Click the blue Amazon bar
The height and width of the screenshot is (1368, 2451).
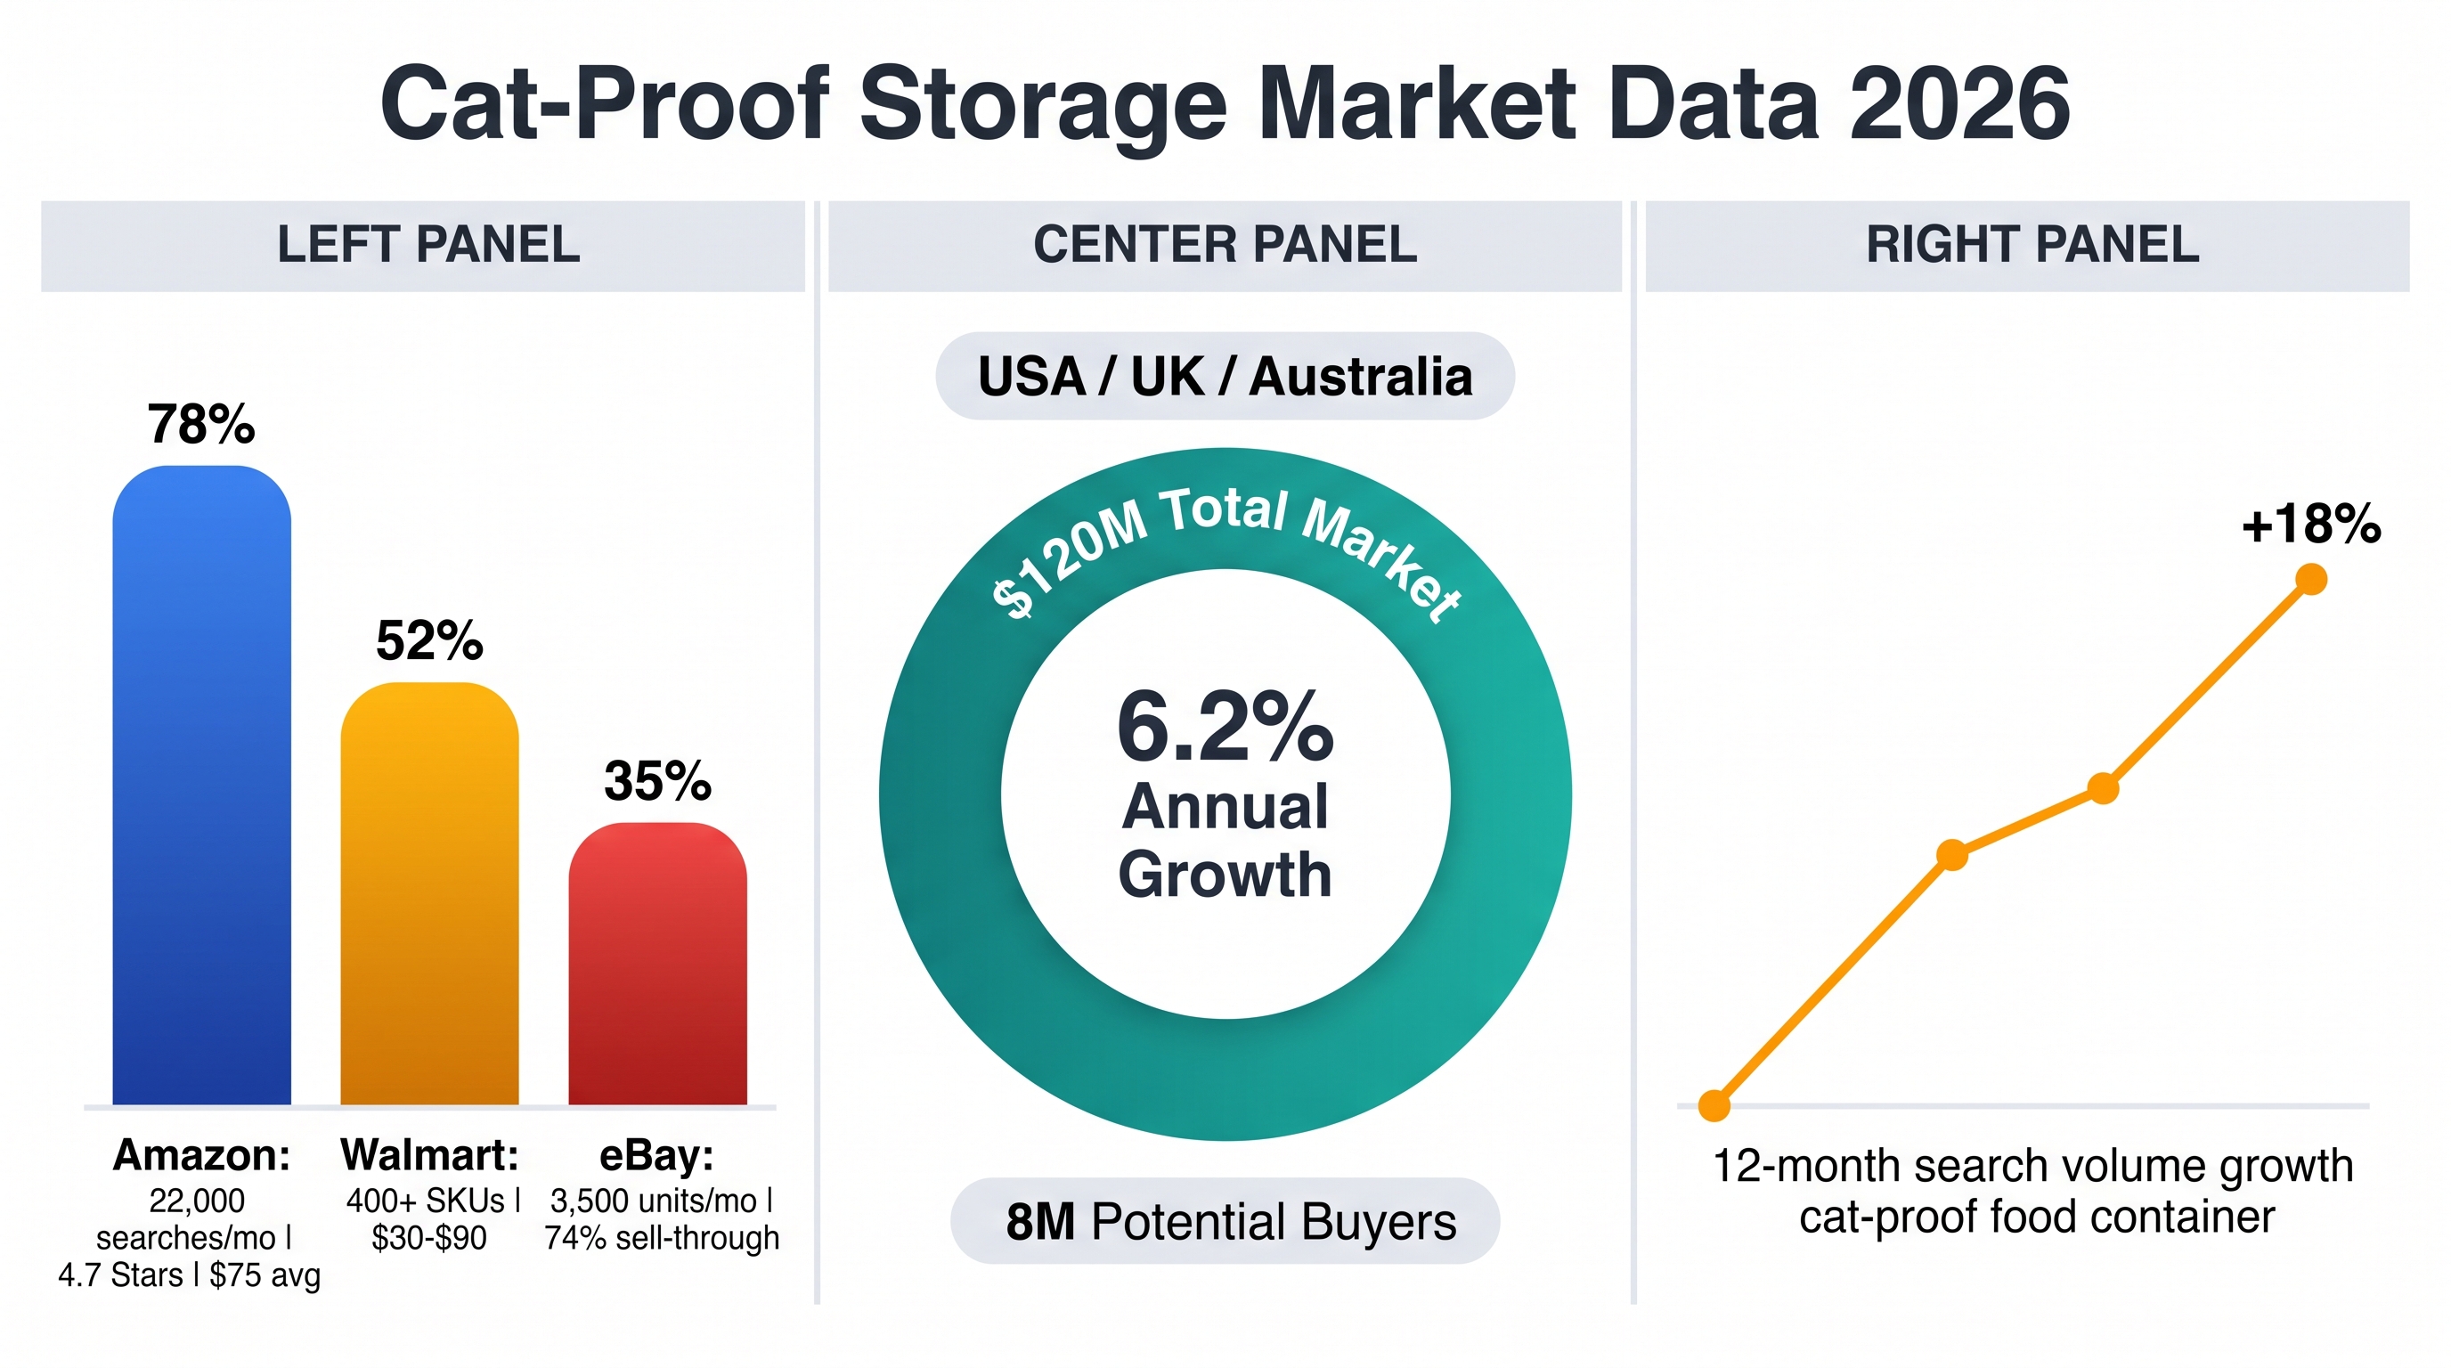tap(201, 785)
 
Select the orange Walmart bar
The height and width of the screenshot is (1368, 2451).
tap(429, 893)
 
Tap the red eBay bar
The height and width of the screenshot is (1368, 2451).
tap(657, 964)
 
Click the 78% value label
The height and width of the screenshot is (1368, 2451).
tap(201, 423)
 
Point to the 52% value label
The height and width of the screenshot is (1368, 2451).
tap(429, 640)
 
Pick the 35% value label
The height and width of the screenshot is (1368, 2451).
tap(657, 781)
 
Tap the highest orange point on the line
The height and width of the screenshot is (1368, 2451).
tap(2311, 578)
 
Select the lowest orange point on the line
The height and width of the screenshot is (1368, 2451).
tap(1714, 1105)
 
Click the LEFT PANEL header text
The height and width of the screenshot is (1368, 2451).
tap(428, 245)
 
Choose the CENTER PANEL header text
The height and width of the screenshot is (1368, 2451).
tap(1225, 245)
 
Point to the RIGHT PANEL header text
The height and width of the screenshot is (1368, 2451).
tap(2032, 245)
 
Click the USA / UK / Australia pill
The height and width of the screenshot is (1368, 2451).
tap(1225, 376)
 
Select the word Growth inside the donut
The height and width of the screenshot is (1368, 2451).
tap(1225, 875)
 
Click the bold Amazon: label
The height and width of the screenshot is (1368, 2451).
tap(201, 1155)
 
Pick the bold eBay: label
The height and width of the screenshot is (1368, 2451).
tap(656, 1156)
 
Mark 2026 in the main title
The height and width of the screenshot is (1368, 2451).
tap(1960, 102)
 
